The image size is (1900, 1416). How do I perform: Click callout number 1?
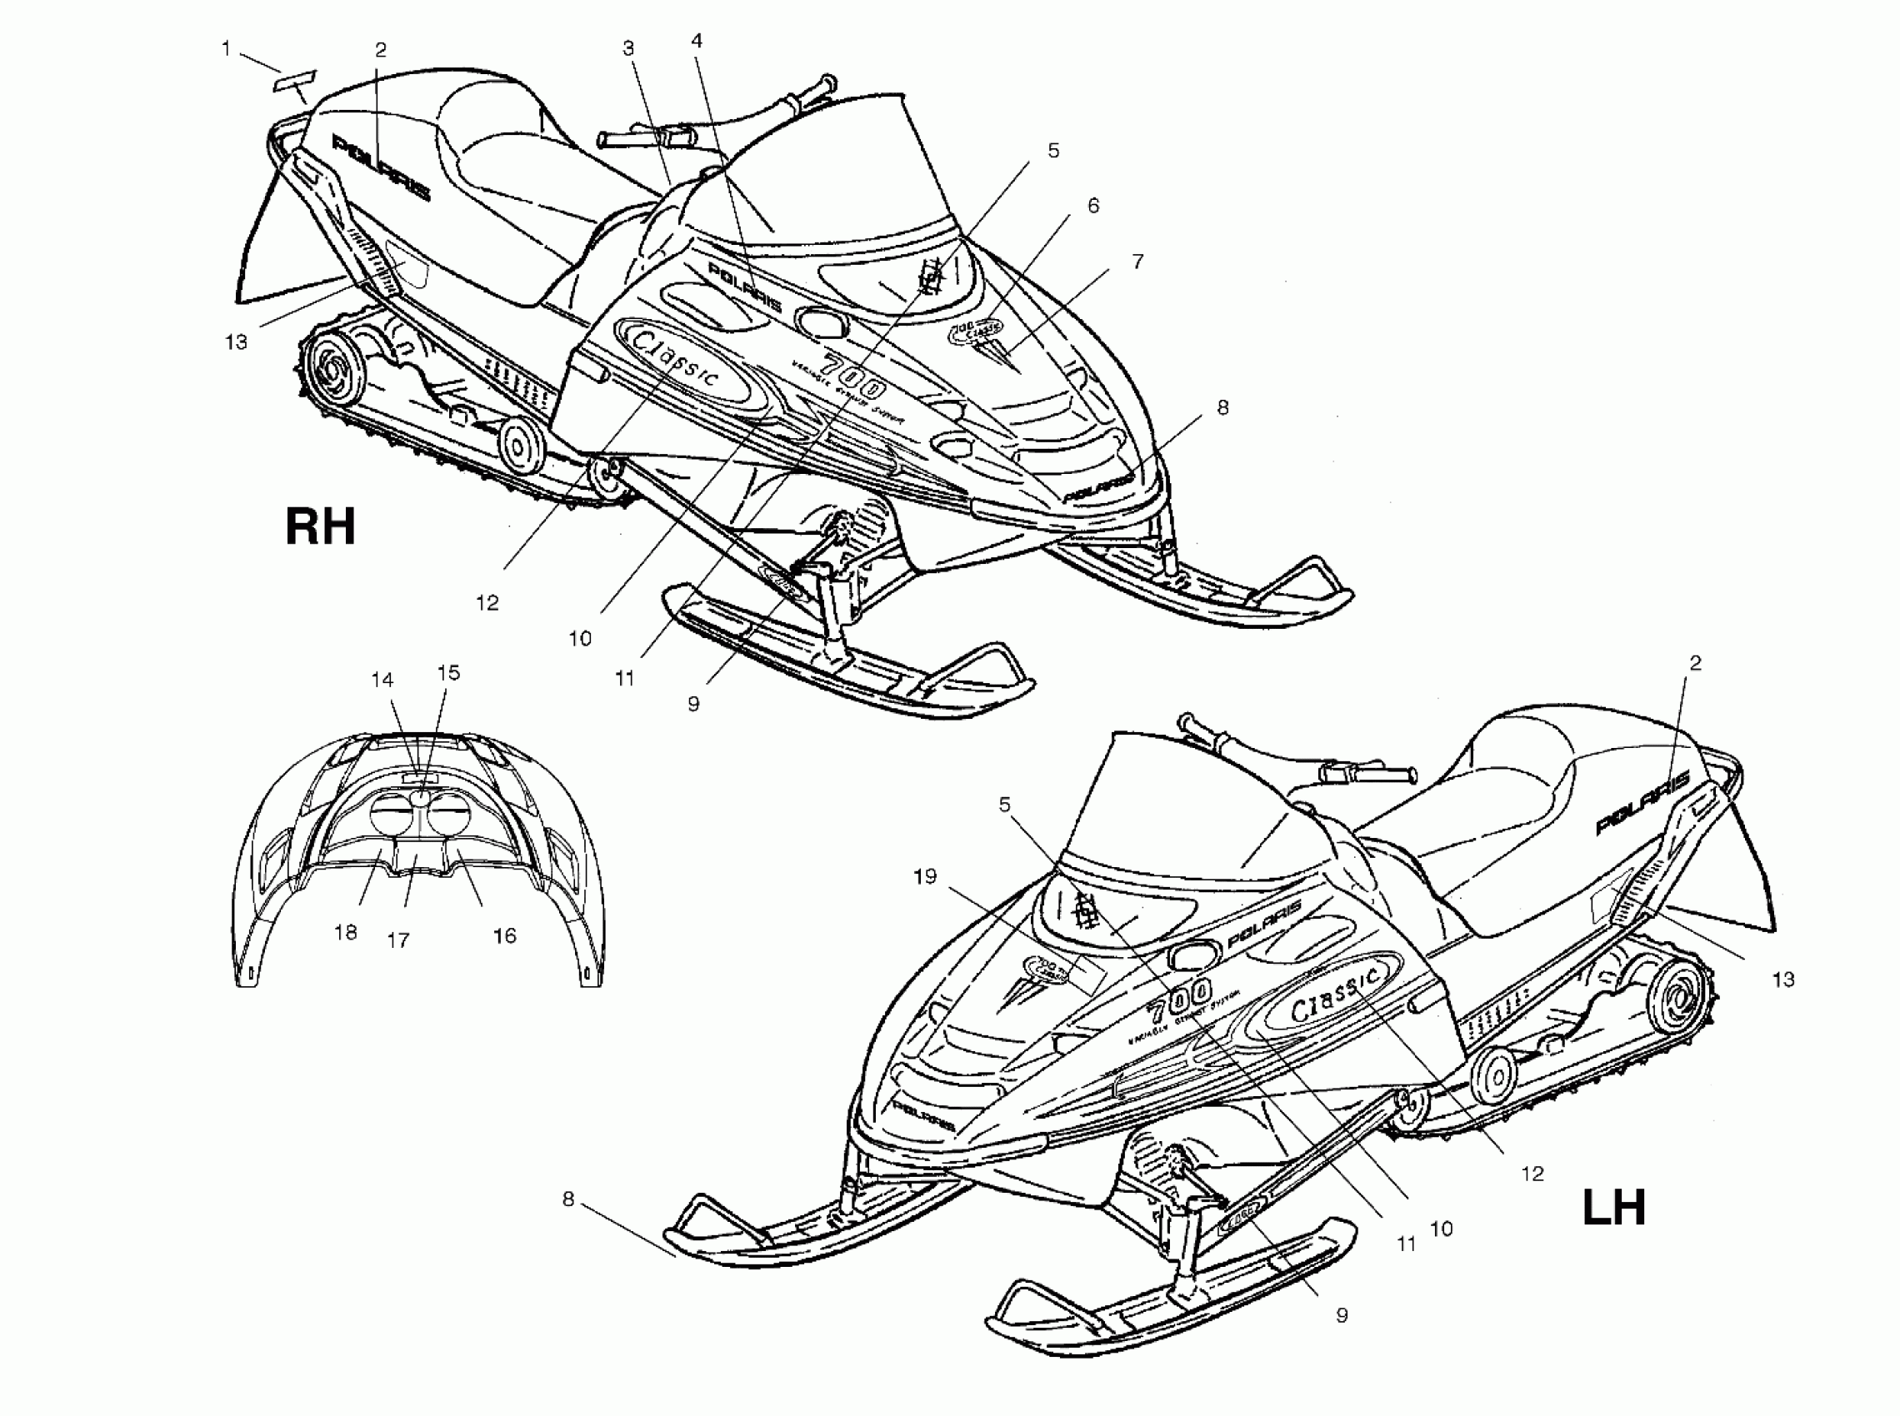coord(226,49)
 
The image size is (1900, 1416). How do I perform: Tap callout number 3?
coord(628,49)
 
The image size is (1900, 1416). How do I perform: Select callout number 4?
coord(697,40)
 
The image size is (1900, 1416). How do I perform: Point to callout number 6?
coord(1093,206)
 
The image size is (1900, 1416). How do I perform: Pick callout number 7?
coord(1137,262)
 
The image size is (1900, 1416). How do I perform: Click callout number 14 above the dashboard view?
coord(382,680)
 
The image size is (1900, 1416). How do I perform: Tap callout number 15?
coord(448,673)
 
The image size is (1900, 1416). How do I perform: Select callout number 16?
coord(504,936)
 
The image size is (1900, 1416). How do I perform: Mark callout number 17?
coord(397,940)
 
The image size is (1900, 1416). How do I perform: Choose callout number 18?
coord(346,933)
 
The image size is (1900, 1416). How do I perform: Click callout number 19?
coord(925,876)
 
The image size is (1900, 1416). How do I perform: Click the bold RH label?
coord(320,526)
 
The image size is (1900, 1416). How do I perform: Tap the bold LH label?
coord(1613,1207)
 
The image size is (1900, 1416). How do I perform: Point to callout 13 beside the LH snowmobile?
coord(1783,979)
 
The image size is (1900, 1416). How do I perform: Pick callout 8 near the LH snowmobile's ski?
coord(567,1199)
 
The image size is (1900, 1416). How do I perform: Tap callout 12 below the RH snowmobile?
coord(487,602)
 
